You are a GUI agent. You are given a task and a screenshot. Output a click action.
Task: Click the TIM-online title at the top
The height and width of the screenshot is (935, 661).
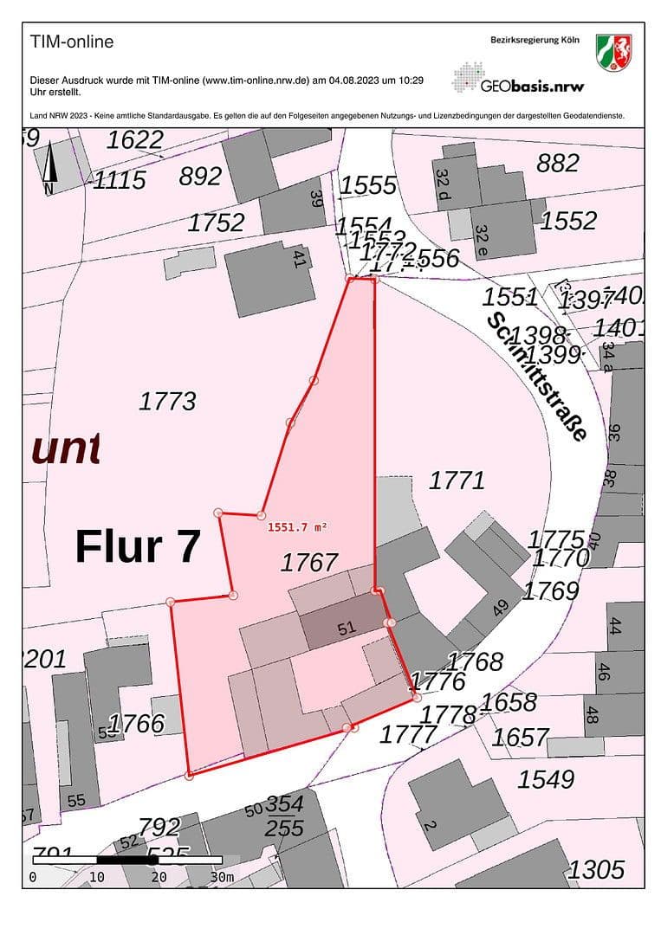(x=72, y=42)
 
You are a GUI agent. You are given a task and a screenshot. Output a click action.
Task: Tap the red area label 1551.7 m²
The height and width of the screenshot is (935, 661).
(x=297, y=526)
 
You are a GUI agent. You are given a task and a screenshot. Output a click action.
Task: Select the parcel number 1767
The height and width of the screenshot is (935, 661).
(x=309, y=563)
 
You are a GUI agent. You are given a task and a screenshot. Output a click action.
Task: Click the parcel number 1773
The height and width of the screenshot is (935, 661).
(x=167, y=401)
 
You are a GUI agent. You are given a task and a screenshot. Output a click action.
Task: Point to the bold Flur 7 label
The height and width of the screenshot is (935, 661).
(x=139, y=547)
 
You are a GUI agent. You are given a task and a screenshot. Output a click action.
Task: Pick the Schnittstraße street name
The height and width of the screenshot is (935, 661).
(x=537, y=377)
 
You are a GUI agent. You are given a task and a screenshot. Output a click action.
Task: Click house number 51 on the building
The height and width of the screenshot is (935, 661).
(x=347, y=629)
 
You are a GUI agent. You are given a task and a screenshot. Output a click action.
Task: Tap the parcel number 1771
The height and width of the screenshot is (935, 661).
(x=457, y=480)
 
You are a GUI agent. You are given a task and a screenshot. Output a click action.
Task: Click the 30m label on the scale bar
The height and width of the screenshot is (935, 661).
(x=222, y=877)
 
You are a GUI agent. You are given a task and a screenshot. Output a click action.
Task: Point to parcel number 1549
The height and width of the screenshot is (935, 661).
(x=546, y=779)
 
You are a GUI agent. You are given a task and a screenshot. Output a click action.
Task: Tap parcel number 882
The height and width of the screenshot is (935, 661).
(x=557, y=163)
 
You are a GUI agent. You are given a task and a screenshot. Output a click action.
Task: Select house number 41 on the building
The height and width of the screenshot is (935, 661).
(x=300, y=259)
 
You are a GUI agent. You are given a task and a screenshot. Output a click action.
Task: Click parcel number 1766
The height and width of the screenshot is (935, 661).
(x=137, y=723)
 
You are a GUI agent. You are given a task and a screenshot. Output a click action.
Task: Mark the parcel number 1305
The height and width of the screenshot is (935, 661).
(x=596, y=868)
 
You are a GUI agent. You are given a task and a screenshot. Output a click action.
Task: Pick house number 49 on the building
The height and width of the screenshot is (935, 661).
(x=500, y=608)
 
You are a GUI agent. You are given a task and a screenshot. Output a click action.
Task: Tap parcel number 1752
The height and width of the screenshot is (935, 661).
(x=217, y=222)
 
